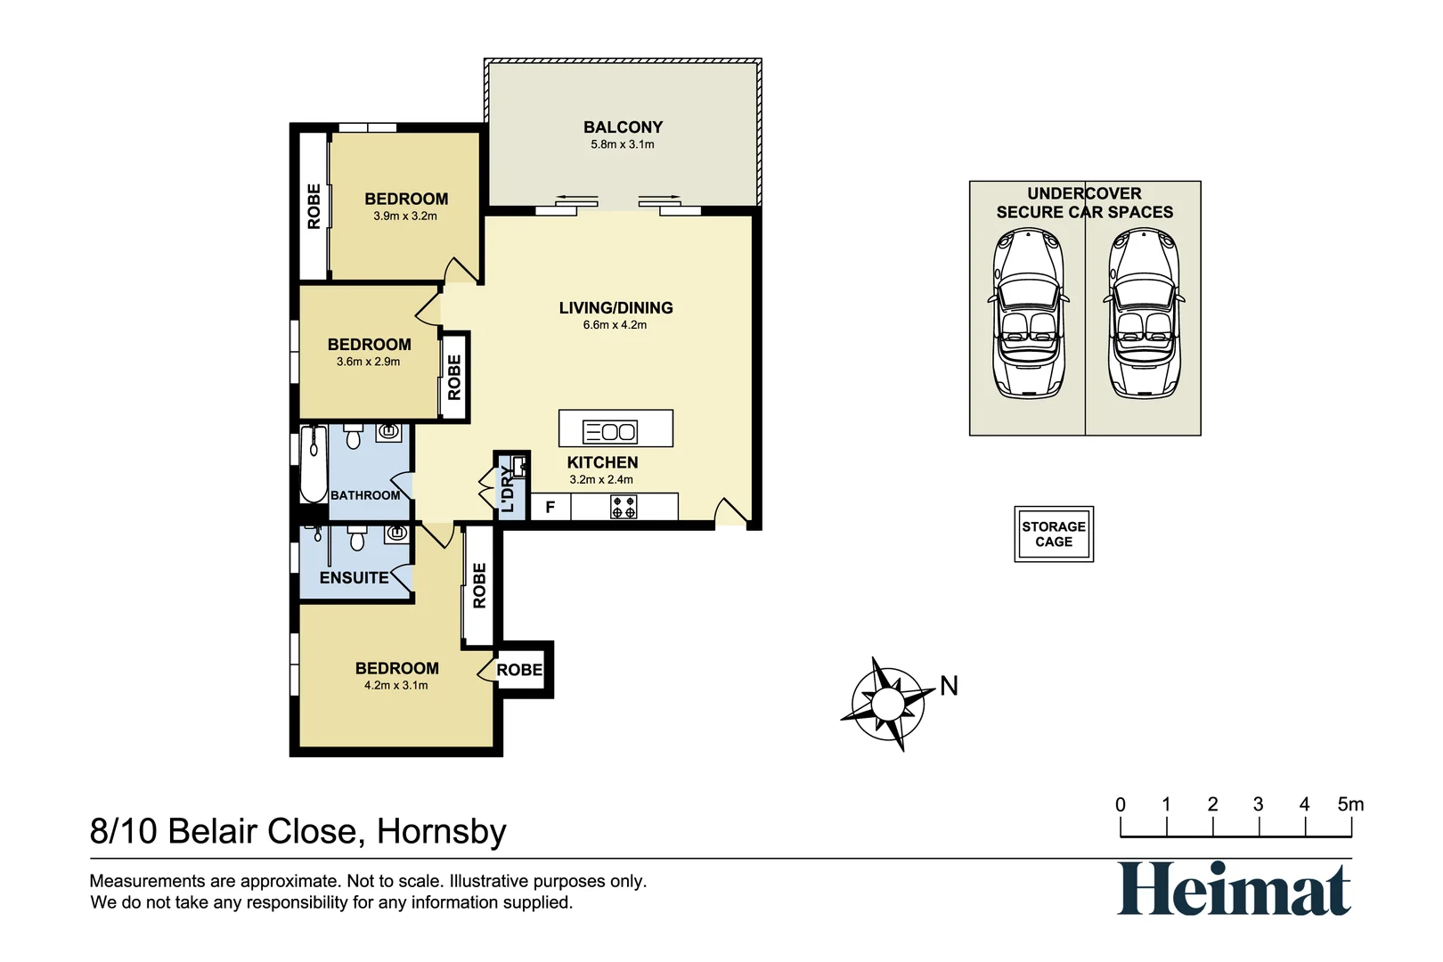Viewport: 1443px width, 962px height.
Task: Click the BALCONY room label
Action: click(x=623, y=127)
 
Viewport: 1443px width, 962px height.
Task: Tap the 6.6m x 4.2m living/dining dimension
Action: click(x=615, y=325)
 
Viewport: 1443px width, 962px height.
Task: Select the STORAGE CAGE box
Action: click(x=1053, y=534)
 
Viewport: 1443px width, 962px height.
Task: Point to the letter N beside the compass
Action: click(x=949, y=686)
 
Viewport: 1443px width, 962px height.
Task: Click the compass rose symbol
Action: click(x=885, y=704)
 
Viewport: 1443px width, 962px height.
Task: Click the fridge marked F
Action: click(x=550, y=507)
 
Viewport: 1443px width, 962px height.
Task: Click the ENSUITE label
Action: click(x=354, y=577)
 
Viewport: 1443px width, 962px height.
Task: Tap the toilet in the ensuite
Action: click(x=357, y=539)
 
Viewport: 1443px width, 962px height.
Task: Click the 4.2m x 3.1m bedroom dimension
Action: click(x=395, y=685)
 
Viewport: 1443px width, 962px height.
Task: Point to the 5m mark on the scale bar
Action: click(x=1350, y=804)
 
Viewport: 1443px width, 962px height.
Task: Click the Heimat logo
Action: click(x=1234, y=889)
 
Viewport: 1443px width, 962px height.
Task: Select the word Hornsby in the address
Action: click(x=441, y=831)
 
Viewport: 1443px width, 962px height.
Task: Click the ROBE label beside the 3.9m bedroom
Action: click(x=314, y=206)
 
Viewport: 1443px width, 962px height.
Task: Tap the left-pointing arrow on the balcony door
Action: click(x=576, y=198)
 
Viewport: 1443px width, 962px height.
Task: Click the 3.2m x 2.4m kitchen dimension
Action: click(x=601, y=479)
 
